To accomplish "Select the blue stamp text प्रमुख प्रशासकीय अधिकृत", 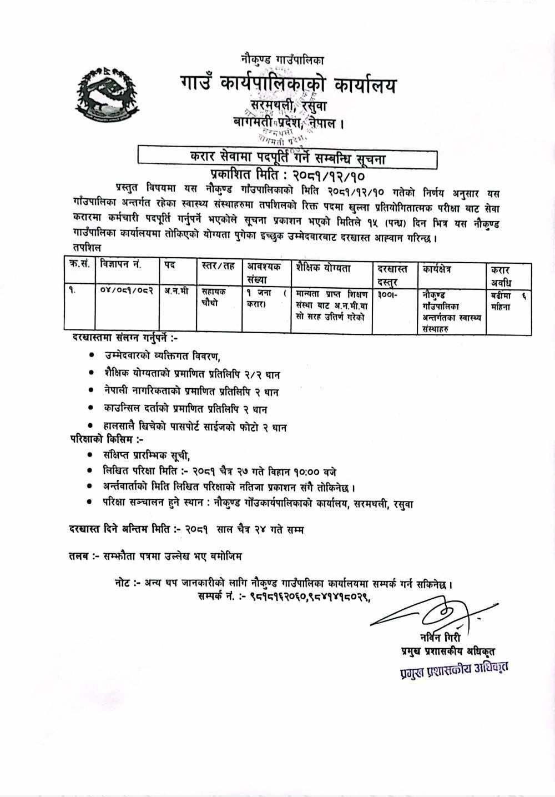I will (453, 671).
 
